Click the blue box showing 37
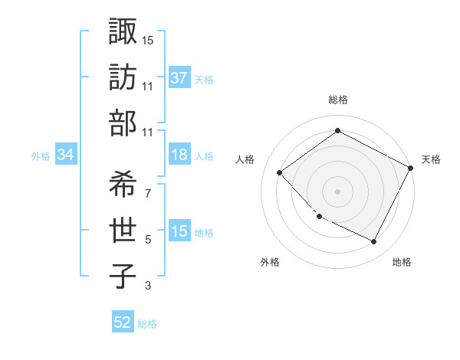pyautogui.click(x=179, y=78)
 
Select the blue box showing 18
pyautogui.click(x=179, y=155)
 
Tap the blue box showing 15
pyautogui.click(x=179, y=231)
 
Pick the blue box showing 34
pyautogui.click(x=66, y=155)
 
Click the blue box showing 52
pyautogui.click(x=123, y=323)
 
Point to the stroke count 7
pyautogui.click(x=147, y=192)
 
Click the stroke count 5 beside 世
pyautogui.click(x=148, y=239)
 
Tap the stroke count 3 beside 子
pyautogui.click(x=148, y=286)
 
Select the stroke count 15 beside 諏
pyautogui.click(x=148, y=39)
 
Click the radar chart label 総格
pyautogui.click(x=338, y=100)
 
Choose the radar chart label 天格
pyautogui.click(x=431, y=159)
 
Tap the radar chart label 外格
pyautogui.click(x=270, y=262)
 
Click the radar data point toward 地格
pyautogui.click(x=373, y=242)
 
